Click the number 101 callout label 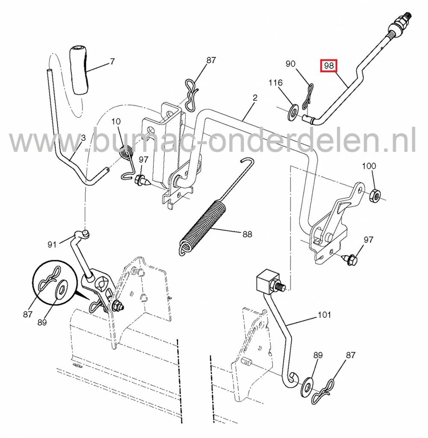[x=324, y=315]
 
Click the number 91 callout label [x=52, y=245]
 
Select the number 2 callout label [x=255, y=98]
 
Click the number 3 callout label [x=83, y=138]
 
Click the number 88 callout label [x=247, y=234]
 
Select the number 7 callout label [x=112, y=61]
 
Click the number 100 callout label [x=369, y=166]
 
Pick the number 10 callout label [x=116, y=122]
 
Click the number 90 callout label [x=290, y=64]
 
